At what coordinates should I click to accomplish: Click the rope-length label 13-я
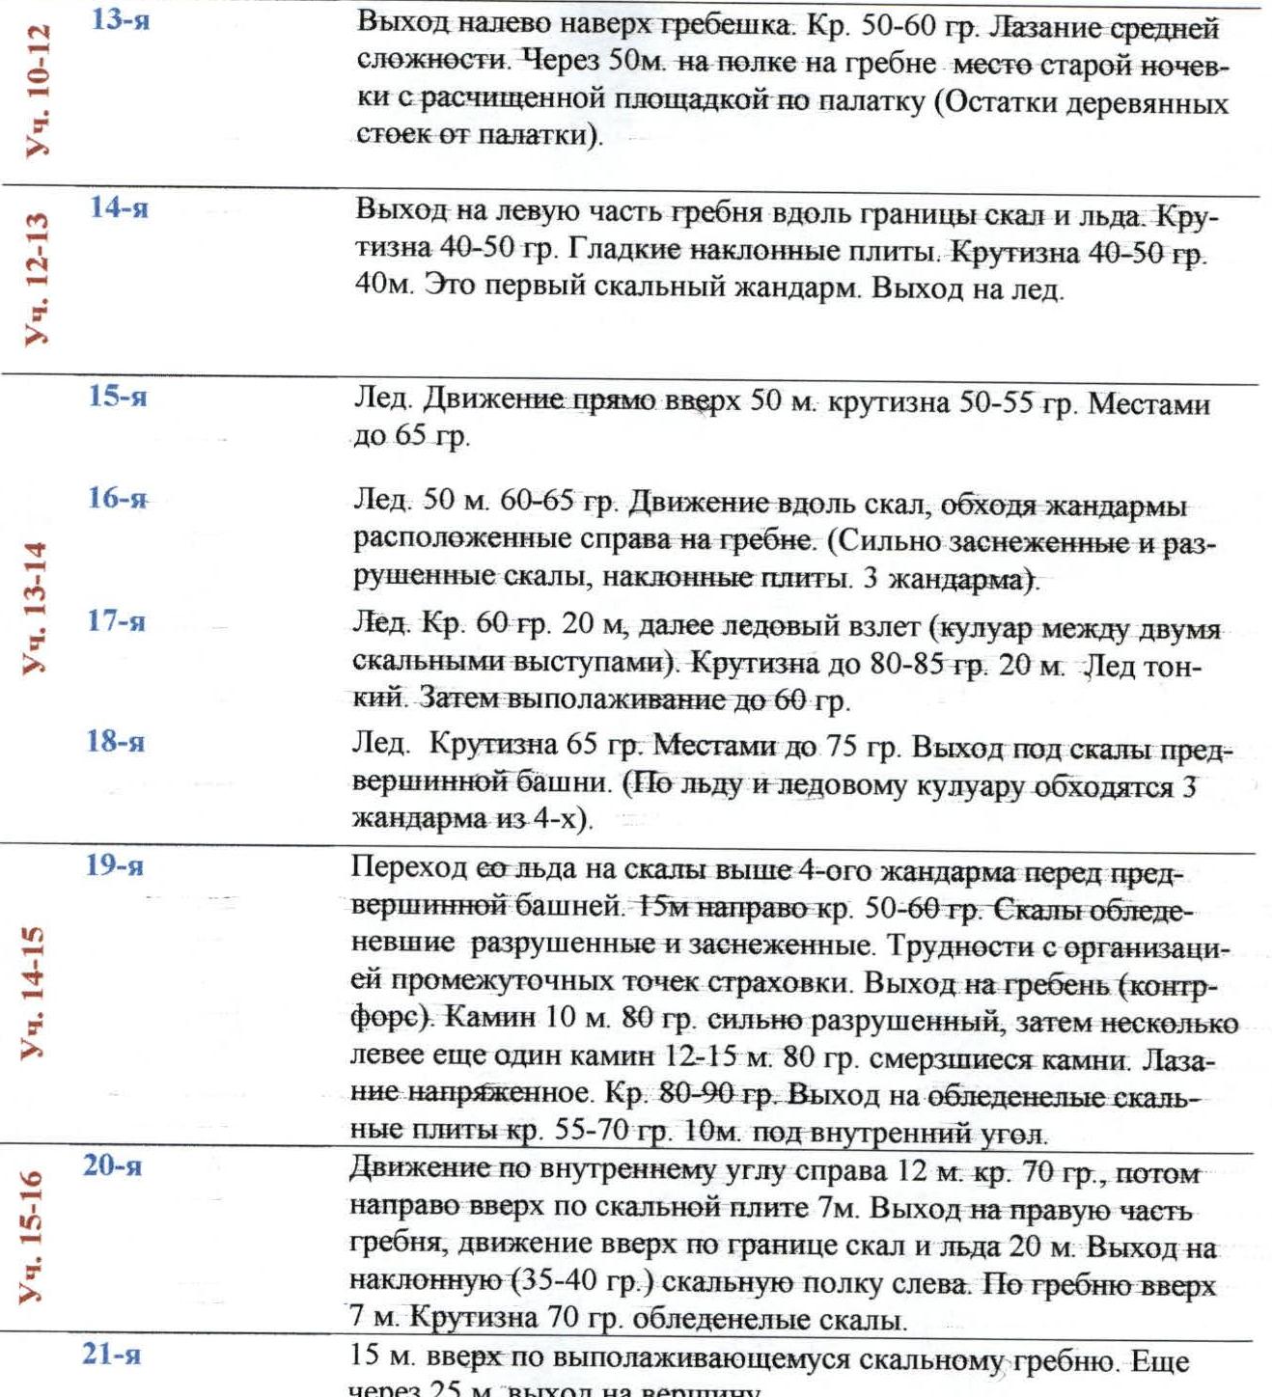pos(120,19)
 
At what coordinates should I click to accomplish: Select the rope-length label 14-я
pos(119,207)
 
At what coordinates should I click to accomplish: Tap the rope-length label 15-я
pos(118,396)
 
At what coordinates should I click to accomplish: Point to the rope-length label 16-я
pos(117,498)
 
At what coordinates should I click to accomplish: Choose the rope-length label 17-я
pos(116,620)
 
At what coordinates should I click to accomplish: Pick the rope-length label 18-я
pos(116,741)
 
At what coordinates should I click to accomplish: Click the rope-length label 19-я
pos(115,865)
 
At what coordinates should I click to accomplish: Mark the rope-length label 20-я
pos(112,1165)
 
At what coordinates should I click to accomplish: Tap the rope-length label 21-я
pos(111,1355)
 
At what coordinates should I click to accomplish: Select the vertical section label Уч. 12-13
pos(38,280)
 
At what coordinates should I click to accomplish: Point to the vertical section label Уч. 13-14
pos(36,608)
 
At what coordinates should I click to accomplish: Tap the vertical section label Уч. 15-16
pos(32,1237)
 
